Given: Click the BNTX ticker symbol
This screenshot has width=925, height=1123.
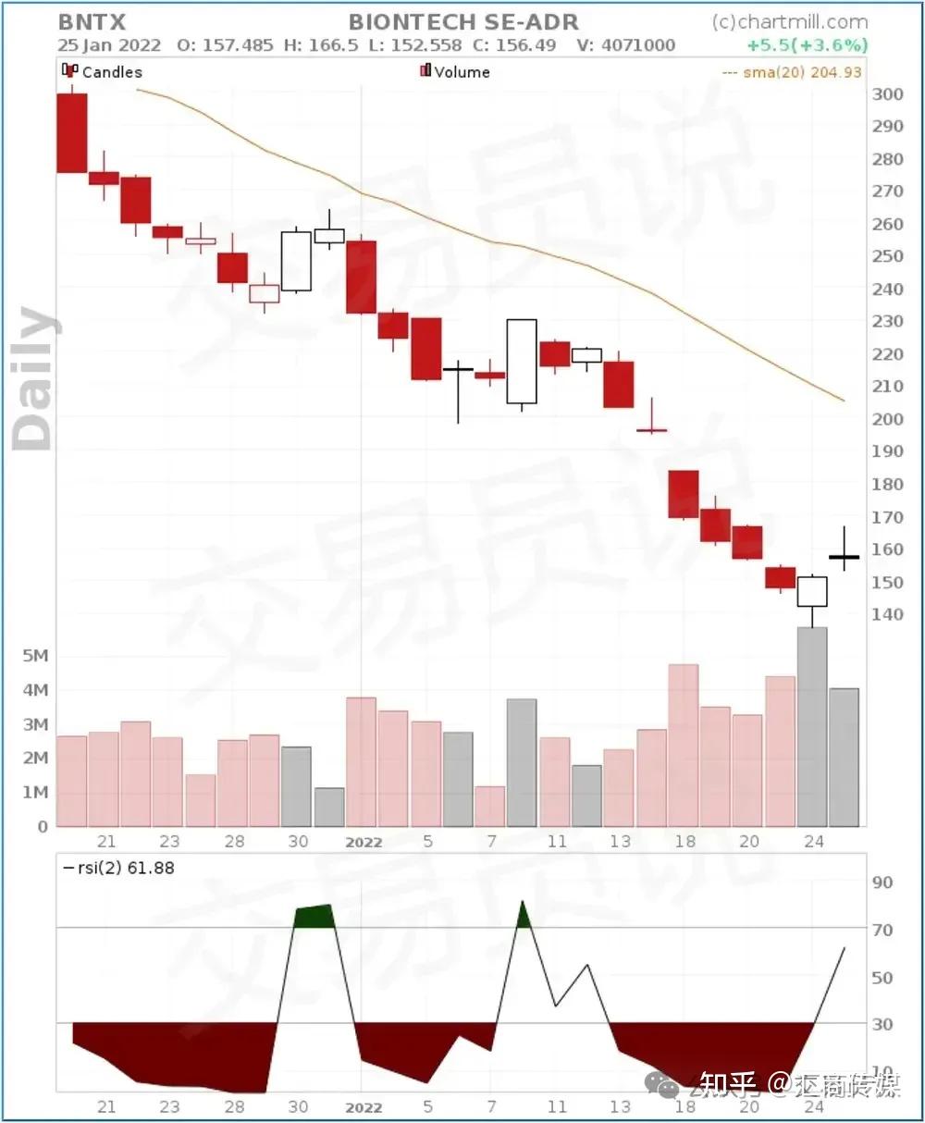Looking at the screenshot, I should [92, 22].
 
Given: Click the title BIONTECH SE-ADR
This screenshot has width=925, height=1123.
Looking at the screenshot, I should [463, 22].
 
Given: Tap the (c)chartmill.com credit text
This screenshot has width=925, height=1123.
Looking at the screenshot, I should [790, 22].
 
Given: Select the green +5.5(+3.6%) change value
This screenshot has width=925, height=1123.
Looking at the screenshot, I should [808, 45].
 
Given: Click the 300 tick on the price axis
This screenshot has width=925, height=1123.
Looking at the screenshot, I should [888, 93].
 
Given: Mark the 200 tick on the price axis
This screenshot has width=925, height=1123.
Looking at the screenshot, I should [888, 419].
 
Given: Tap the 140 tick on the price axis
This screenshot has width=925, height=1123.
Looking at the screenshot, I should [888, 614].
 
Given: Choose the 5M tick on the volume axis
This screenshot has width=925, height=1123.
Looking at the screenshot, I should [35, 656].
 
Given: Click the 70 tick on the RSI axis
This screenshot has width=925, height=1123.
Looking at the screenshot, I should [882, 930].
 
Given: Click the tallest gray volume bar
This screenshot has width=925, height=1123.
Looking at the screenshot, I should [812, 726].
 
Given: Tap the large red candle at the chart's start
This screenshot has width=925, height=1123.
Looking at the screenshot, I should [72, 133].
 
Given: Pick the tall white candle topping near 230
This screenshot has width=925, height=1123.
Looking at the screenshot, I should [522, 361].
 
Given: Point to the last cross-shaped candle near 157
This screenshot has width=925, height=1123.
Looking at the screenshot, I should [844, 557].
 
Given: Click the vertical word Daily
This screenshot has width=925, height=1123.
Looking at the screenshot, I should [35, 379].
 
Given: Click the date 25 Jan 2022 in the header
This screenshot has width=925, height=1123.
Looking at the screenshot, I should [109, 45].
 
